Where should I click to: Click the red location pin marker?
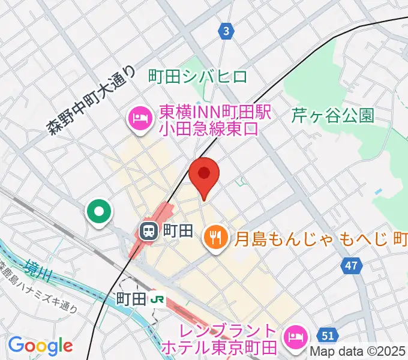tap(204, 175)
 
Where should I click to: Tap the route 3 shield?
tap(226, 32)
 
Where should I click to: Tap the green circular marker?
tap(99, 211)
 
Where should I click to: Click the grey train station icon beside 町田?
tap(148, 230)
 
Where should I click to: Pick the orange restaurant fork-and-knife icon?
tap(214, 238)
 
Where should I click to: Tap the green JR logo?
tap(158, 298)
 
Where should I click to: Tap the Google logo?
tap(40, 346)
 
